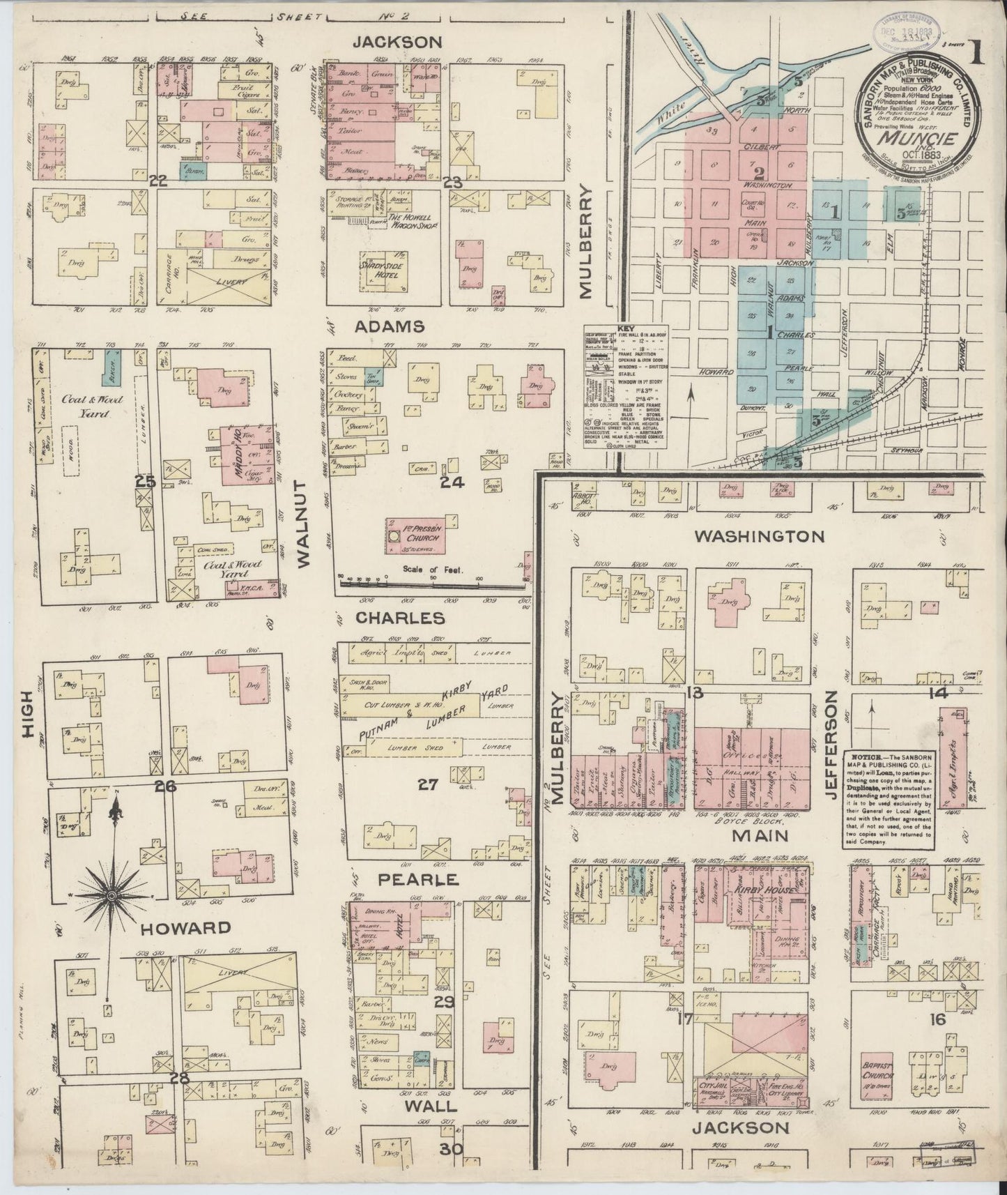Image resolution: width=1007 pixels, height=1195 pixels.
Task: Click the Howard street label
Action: pos(185,928)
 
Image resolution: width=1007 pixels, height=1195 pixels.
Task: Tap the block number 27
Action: pos(426,785)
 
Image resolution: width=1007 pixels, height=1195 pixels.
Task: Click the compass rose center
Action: pos(111,894)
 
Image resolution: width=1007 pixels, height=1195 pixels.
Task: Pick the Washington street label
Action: pos(760,536)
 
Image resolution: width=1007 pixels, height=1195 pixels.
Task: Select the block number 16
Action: pos(937,1019)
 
